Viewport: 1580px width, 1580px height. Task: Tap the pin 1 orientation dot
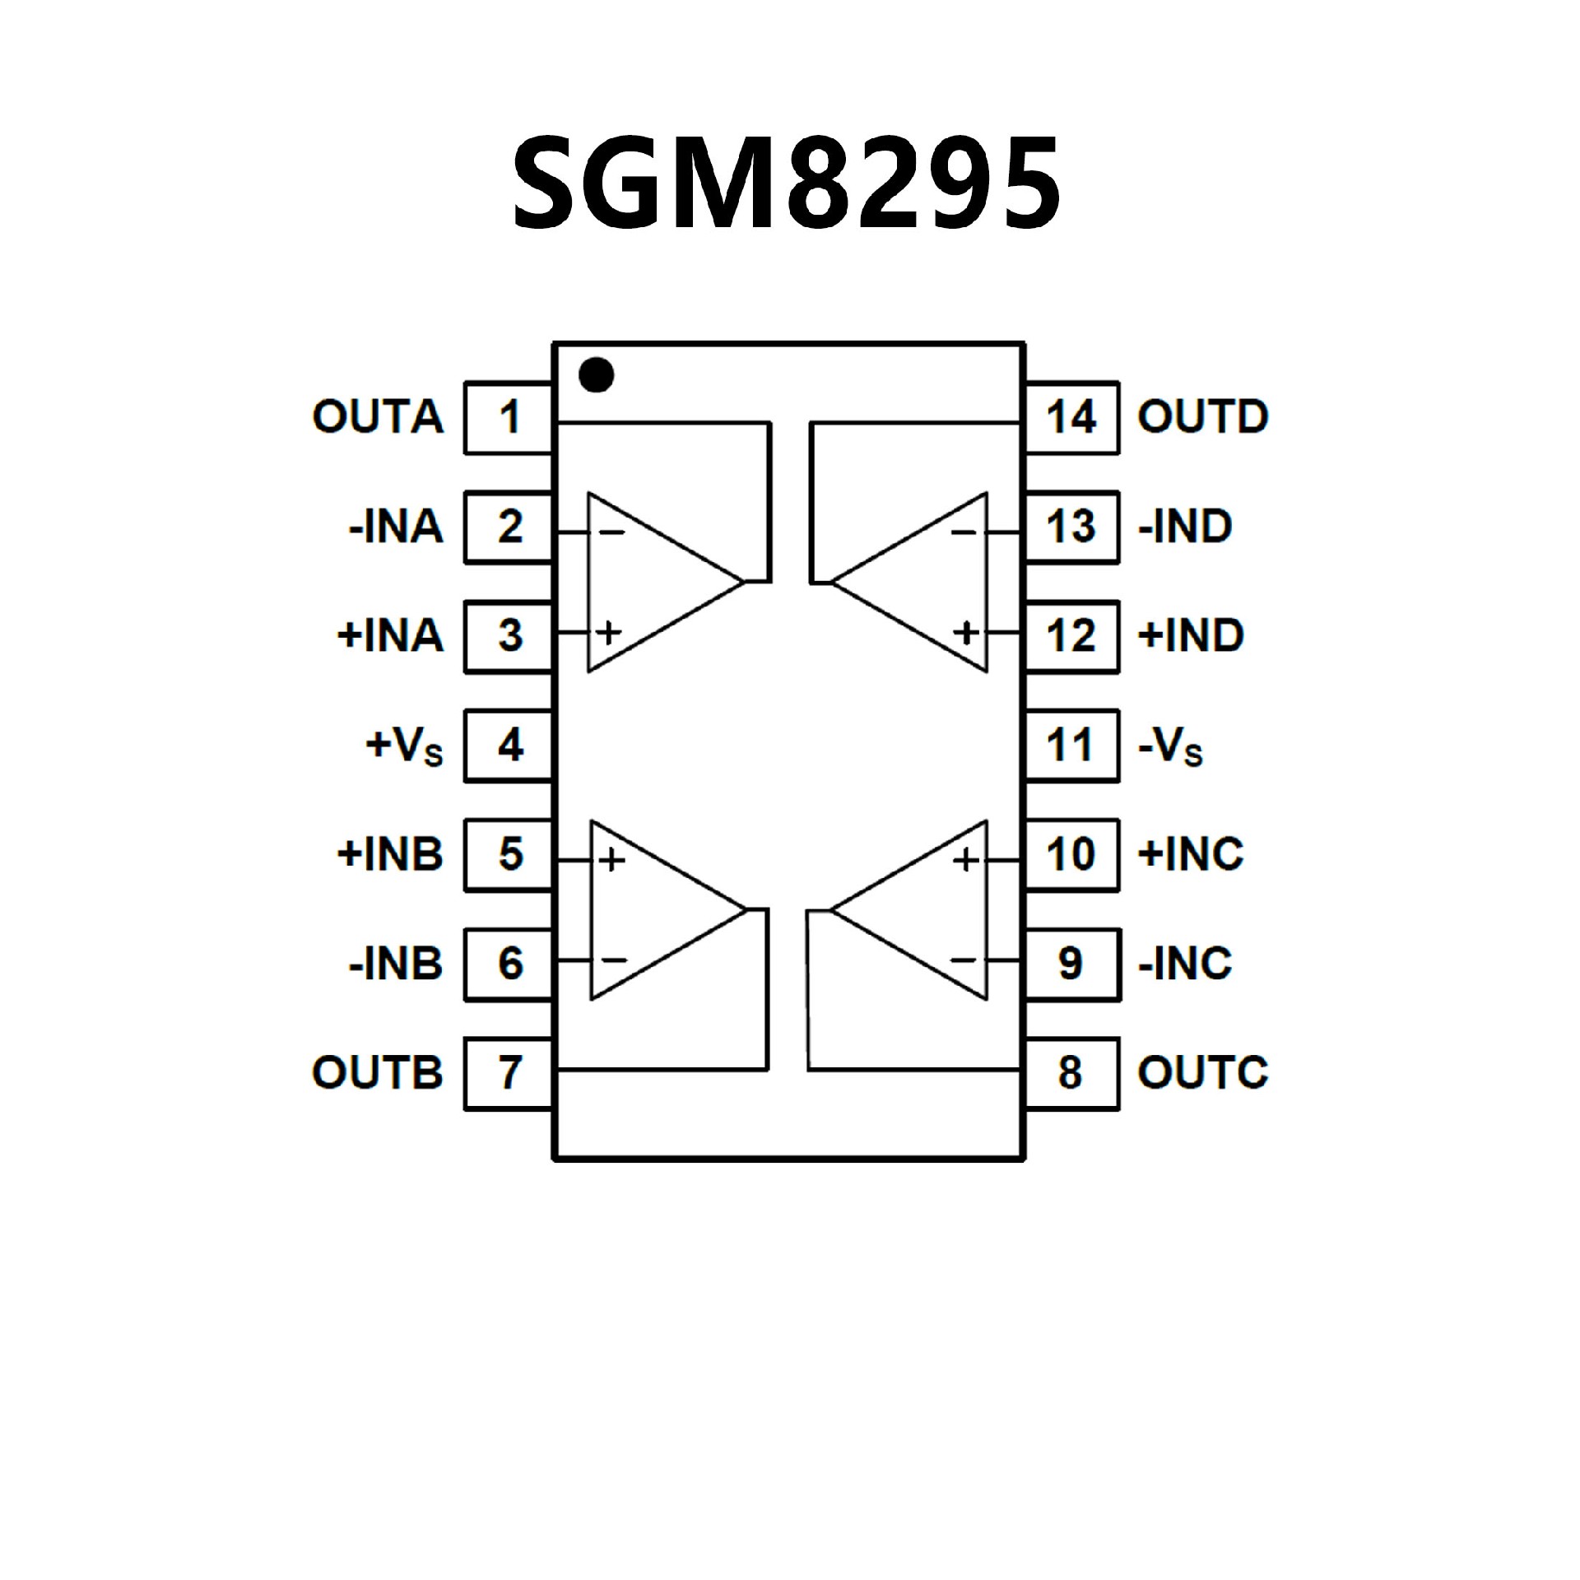pos(596,375)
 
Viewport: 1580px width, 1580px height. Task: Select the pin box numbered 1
pos(508,417)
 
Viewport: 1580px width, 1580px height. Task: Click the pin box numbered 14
pos(1071,417)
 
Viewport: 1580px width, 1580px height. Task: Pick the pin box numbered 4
pos(508,746)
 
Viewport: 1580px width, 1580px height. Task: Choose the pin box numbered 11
pos(1071,746)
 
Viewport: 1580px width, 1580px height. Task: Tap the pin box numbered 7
pos(508,1073)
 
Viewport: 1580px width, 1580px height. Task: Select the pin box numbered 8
pos(1071,1073)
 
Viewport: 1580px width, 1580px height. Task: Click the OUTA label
pos(378,417)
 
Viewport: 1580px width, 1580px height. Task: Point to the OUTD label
pos(1202,417)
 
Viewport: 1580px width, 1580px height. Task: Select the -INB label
pos(396,964)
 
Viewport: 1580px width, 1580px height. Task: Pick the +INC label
pos(1190,854)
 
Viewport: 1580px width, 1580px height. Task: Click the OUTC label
pos(1202,1073)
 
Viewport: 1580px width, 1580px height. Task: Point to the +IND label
pos(1190,636)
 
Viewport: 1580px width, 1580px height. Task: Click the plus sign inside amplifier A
pos(609,633)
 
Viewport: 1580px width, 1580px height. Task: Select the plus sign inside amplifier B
pos(611,861)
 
